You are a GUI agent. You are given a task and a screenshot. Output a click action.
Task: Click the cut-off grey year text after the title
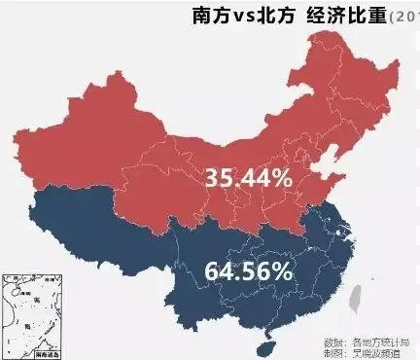pyautogui.click(x=403, y=17)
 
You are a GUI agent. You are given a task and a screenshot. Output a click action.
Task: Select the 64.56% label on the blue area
pyautogui.click(x=248, y=270)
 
